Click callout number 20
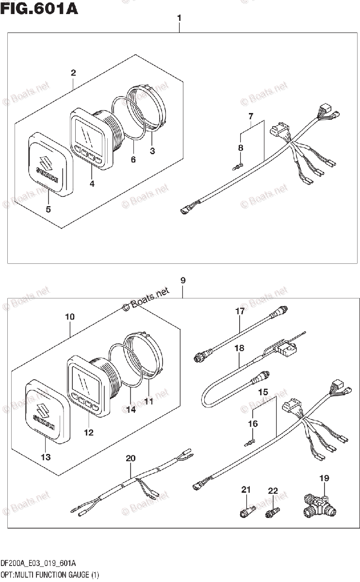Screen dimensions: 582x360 130,458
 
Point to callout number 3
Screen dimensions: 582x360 152,151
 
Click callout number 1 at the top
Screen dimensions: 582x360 179,18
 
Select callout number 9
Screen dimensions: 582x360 182,280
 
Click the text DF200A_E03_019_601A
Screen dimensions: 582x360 38,563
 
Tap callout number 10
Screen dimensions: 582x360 69,317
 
